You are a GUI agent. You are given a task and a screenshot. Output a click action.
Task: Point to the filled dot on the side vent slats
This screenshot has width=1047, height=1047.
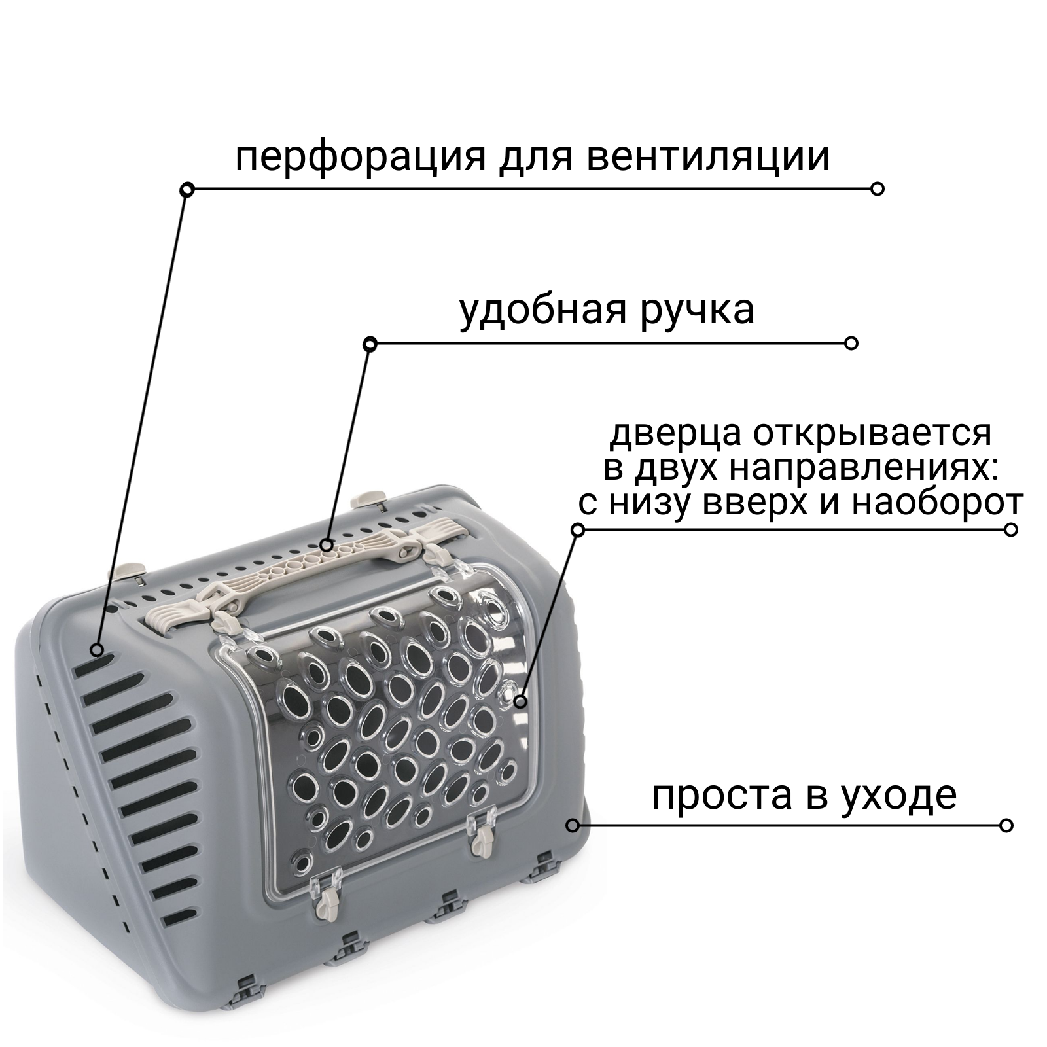click(x=97, y=650)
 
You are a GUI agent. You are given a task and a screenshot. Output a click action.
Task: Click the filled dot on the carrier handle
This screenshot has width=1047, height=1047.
click(x=327, y=544)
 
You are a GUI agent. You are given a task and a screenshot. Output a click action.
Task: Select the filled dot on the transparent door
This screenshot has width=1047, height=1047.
click(x=520, y=702)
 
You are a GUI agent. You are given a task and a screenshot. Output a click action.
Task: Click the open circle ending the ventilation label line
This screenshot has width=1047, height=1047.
click(x=878, y=189)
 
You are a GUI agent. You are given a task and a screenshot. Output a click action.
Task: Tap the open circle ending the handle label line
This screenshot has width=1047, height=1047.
click(x=851, y=344)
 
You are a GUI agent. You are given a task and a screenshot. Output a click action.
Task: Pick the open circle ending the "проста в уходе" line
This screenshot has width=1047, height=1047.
click(x=1006, y=825)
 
